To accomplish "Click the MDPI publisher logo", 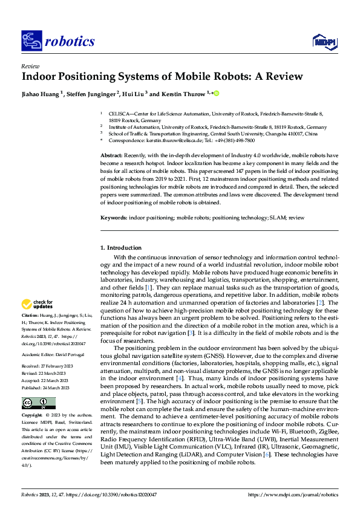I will [323, 41].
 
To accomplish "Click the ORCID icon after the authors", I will [215, 94].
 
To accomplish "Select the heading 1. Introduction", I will [120, 248].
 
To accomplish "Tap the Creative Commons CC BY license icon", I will [38, 403].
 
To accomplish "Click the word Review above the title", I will [30, 66].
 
